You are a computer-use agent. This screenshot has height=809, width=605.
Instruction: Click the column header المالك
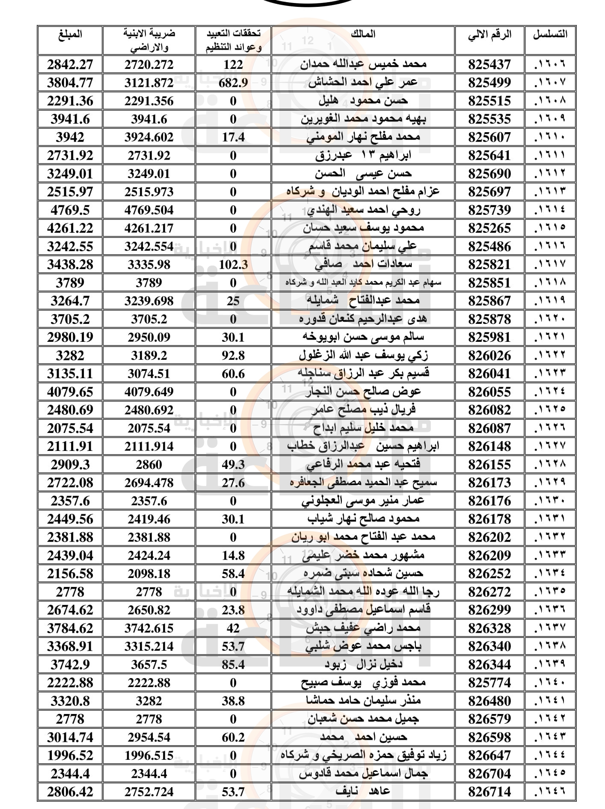tap(363, 34)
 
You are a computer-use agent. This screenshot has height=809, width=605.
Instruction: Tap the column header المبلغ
tap(70, 34)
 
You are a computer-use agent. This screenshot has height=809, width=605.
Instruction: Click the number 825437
tap(489, 65)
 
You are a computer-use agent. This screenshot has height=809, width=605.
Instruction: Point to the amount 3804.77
tap(70, 83)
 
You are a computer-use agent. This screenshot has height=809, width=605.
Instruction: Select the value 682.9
tap(233, 83)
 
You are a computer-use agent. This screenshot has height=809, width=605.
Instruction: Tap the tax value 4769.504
tap(149, 210)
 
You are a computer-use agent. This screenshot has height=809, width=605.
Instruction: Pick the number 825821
tap(489, 264)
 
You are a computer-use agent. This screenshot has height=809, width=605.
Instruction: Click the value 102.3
tap(233, 264)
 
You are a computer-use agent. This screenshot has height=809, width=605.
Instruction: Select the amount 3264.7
tap(70, 301)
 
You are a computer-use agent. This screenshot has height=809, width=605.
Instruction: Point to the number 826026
tap(489, 356)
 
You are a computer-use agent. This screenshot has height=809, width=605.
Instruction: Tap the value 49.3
tap(233, 465)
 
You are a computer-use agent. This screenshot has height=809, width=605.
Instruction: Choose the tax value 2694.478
tap(149, 483)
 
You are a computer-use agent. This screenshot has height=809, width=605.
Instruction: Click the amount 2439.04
tap(70, 555)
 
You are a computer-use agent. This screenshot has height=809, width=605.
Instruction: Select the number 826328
tap(489, 628)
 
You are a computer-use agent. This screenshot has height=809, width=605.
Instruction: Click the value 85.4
tap(233, 664)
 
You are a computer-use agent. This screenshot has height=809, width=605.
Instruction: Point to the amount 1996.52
tap(70, 755)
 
